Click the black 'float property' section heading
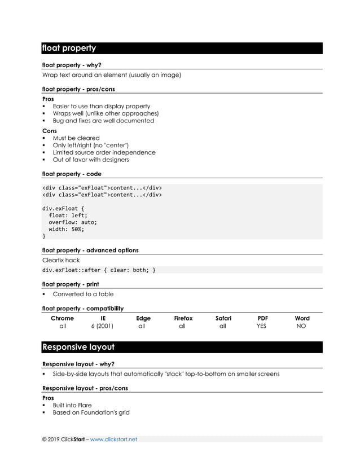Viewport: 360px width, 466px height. pos(69,49)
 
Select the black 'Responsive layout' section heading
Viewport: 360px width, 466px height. pos(78,347)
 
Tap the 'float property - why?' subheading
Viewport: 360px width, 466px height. pos(72,65)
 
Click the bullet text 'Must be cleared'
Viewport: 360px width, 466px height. pos(76,138)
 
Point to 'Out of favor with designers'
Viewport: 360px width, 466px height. pos(91,160)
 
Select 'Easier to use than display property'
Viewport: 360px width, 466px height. pos(102,106)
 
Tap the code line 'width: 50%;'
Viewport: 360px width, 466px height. pos(66,229)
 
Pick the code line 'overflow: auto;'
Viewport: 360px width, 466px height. pos(73,222)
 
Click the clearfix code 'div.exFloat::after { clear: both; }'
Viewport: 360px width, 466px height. pos(99,270)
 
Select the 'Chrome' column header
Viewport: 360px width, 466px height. pos(62,318)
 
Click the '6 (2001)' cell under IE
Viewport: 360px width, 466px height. pos(102,326)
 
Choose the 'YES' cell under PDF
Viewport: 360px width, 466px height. pos(261,326)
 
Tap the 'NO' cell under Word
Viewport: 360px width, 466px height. pos(301,326)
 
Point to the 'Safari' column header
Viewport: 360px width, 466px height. pos(223,318)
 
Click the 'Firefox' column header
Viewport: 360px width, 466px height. pos(183,318)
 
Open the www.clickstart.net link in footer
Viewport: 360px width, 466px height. pos(113,439)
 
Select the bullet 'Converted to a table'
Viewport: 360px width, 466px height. pos(83,294)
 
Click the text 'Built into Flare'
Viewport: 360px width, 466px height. pos(72,405)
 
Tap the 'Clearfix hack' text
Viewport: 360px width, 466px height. pos(61,260)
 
